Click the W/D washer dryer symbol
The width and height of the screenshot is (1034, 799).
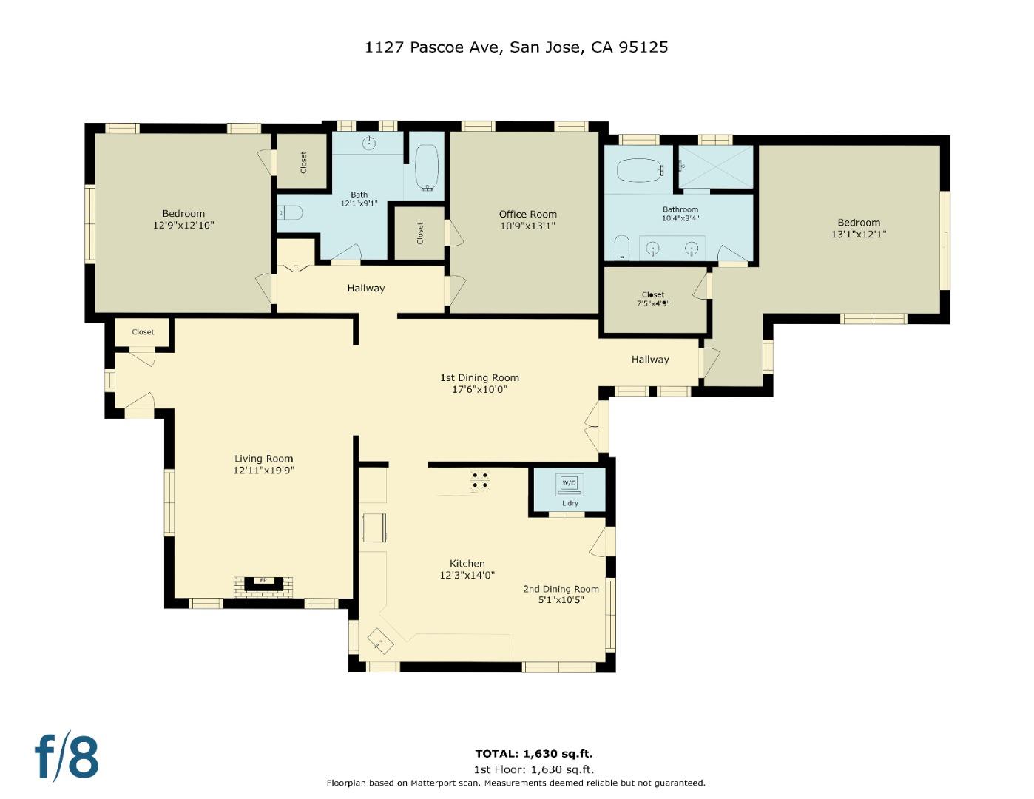(569, 484)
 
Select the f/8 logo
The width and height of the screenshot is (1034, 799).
(67, 756)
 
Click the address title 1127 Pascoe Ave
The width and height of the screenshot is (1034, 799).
(516, 47)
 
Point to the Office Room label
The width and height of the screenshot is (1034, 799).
(527, 215)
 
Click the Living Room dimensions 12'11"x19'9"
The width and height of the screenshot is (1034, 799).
(264, 470)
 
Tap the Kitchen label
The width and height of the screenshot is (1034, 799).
(467, 564)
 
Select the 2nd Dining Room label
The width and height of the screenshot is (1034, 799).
(561, 589)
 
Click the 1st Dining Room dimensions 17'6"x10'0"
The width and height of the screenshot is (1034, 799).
(479, 389)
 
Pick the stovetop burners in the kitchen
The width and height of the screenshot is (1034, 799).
(480, 481)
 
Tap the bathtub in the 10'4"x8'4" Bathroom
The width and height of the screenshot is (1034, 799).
(638, 170)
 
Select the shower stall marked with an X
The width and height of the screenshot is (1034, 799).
(715, 167)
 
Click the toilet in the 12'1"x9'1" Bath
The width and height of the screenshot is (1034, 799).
(291, 213)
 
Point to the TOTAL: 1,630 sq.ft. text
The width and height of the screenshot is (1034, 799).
(533, 754)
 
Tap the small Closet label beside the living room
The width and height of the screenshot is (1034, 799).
(143, 332)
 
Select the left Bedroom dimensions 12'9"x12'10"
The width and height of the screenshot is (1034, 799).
(183, 225)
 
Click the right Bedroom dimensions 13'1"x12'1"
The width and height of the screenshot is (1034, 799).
(859, 234)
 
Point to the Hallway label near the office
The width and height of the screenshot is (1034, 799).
(365, 289)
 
